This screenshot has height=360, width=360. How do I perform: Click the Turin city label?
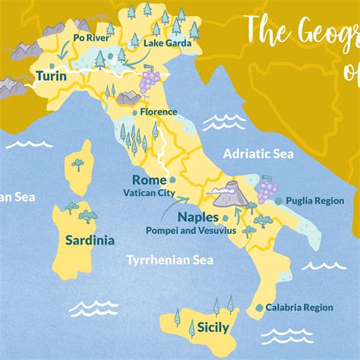pyautogui.click(x=52, y=77)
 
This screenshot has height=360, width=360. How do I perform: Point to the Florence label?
pyautogui.click(x=159, y=112)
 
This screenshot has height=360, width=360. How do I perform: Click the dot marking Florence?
pyautogui.click(x=136, y=112)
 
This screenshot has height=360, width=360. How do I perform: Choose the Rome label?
pyautogui.click(x=149, y=180)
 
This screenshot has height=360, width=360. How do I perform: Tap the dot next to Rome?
pyautogui.click(x=172, y=181)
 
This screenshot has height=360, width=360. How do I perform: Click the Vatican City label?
pyautogui.click(x=149, y=193)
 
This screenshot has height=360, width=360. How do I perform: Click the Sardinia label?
pyautogui.click(x=90, y=241)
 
